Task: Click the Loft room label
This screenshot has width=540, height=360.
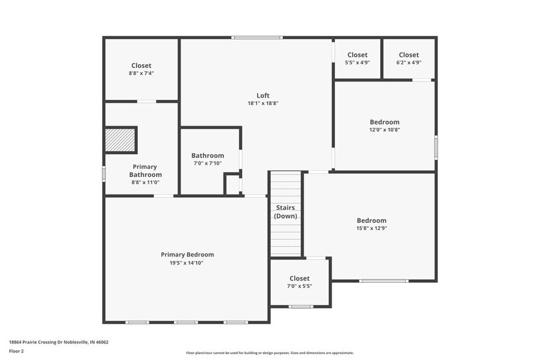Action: [x=263, y=95]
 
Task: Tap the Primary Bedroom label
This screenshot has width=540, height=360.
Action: [x=187, y=255]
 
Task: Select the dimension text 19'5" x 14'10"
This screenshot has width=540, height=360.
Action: [x=187, y=263]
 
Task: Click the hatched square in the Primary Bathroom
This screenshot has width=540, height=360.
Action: [x=120, y=140]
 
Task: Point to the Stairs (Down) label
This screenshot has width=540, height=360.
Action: [x=285, y=212]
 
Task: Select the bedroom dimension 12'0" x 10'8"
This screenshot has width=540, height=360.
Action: [x=384, y=130]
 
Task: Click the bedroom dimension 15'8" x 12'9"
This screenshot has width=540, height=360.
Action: [x=372, y=228]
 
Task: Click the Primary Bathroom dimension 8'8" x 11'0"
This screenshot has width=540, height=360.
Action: [x=144, y=182]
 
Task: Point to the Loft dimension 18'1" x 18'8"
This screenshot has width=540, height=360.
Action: [x=263, y=103]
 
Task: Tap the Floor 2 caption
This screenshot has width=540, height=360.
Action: [x=16, y=351]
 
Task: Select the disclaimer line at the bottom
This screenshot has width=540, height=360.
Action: [x=269, y=353]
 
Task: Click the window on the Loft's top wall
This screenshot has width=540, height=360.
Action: [x=257, y=38]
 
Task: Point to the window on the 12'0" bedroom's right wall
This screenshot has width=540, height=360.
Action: [x=436, y=147]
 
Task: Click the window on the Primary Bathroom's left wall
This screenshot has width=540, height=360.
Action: [x=104, y=174]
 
